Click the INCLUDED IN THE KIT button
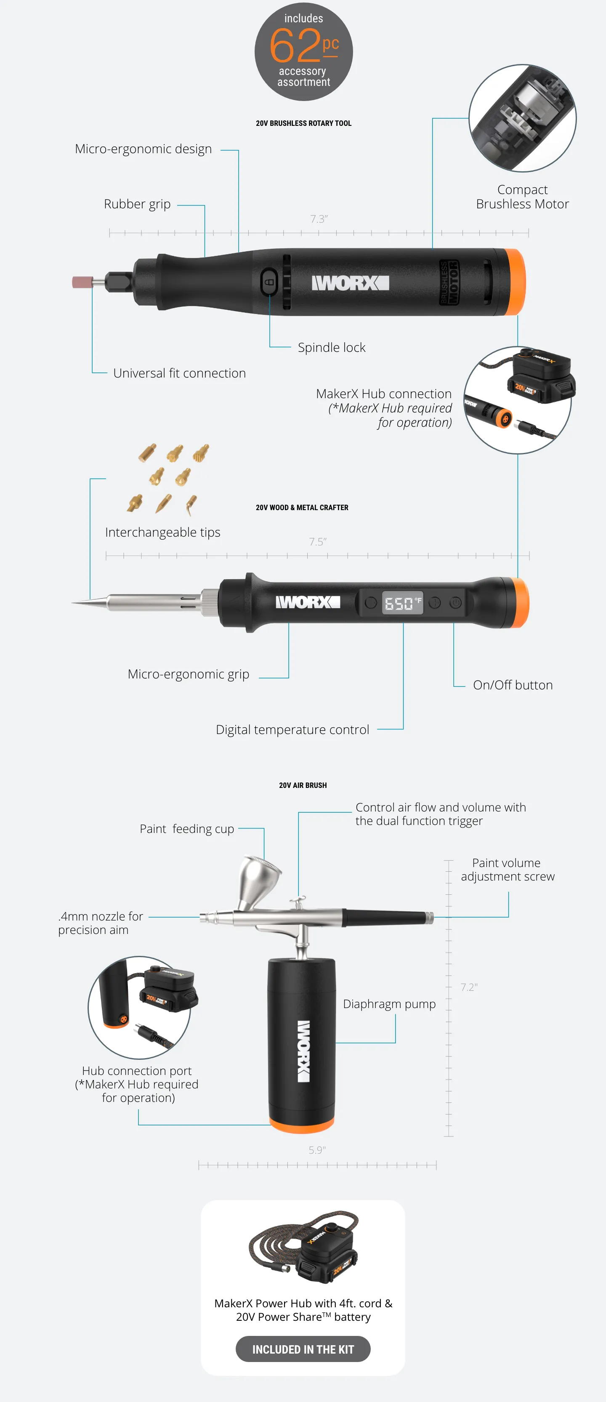point(303,1349)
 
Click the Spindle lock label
point(331,347)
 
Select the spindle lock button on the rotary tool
point(269,282)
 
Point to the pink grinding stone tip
point(82,282)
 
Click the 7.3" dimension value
point(319,219)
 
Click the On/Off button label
point(513,685)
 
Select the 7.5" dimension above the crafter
point(318,542)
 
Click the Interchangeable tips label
point(162,532)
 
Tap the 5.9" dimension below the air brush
point(317,1150)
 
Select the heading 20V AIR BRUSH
point(303,785)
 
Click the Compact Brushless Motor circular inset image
point(522,118)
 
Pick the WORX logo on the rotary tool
point(350,283)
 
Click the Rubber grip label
point(137,204)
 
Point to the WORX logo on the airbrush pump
point(303,1051)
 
